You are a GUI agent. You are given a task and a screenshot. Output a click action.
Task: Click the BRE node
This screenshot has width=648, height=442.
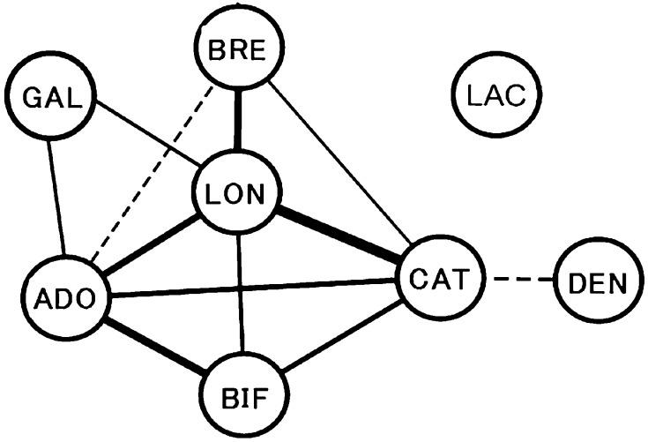[x=236, y=50]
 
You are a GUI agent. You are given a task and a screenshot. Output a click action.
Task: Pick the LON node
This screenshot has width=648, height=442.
[x=235, y=194]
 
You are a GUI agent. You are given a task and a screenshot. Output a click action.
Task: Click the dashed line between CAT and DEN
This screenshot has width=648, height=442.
[x=522, y=281]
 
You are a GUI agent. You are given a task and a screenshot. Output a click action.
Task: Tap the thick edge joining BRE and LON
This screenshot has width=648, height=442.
[x=236, y=121]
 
